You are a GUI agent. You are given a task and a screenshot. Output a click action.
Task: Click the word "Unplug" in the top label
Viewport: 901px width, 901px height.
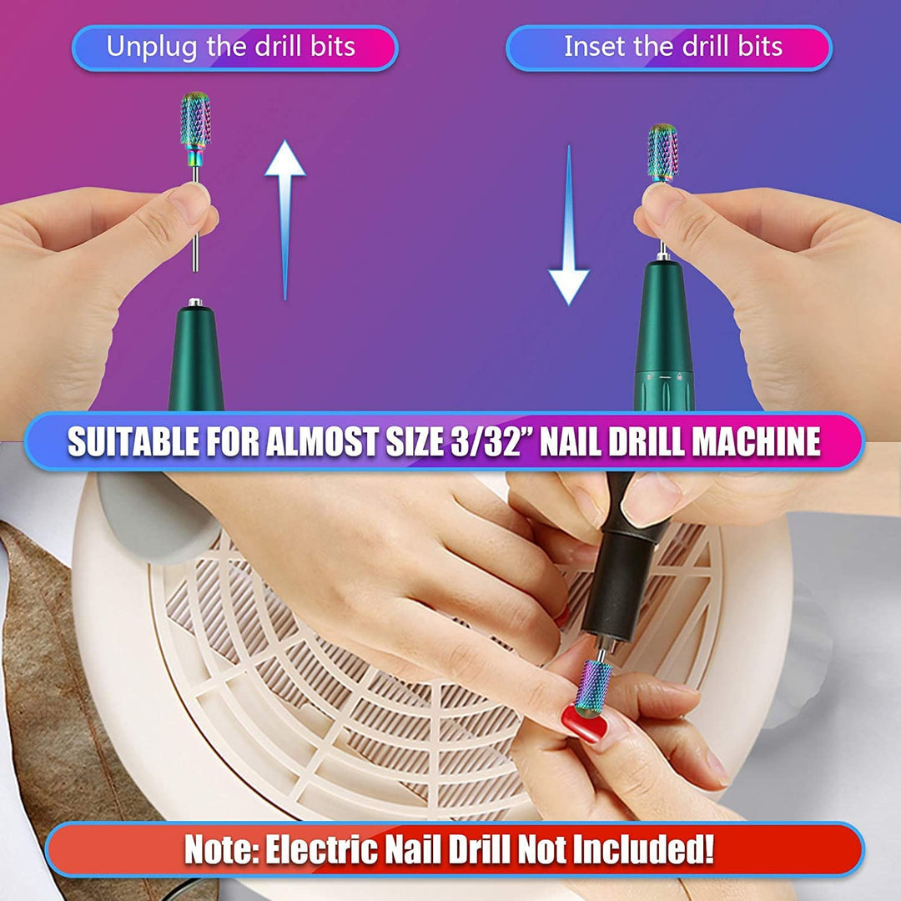153,47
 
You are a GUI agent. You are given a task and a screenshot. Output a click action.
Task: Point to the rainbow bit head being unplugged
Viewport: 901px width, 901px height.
195,122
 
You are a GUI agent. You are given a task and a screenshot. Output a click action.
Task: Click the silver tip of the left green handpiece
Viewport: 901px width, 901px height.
194,302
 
